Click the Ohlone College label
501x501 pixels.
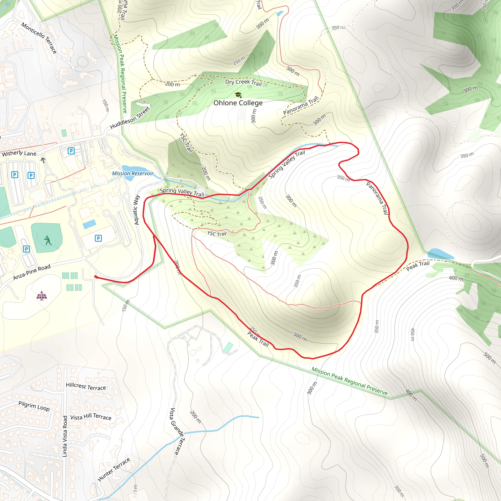pos(238,103)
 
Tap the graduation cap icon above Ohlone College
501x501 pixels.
pos(238,95)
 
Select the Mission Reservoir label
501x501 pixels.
pos(133,173)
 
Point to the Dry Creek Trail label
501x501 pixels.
pos(243,82)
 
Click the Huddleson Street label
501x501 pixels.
pos(130,118)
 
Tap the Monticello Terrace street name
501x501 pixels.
pos(39,38)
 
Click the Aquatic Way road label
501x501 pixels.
pos(137,210)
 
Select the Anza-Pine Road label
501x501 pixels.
pos(32,272)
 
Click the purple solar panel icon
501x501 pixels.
pos(42,295)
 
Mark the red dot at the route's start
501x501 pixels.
pos(96,277)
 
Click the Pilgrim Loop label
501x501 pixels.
pos(34,406)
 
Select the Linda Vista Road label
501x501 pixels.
pos(65,436)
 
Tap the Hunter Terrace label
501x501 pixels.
pos(114,469)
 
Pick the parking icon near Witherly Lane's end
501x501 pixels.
pos(71,151)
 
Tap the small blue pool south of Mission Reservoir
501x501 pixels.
pos(90,224)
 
